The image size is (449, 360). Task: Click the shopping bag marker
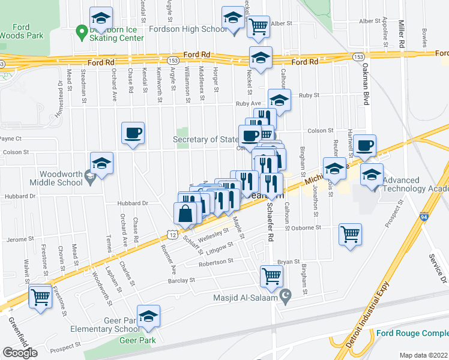[x=186, y=213]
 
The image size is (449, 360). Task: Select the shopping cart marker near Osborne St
[x=351, y=235]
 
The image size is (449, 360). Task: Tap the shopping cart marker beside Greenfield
[x=41, y=297]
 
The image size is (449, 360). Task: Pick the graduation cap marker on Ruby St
[x=279, y=100]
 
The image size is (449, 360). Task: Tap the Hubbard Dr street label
[x=137, y=203]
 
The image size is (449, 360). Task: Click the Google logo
[x=20, y=352]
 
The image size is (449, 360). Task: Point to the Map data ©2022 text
[x=423, y=355]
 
